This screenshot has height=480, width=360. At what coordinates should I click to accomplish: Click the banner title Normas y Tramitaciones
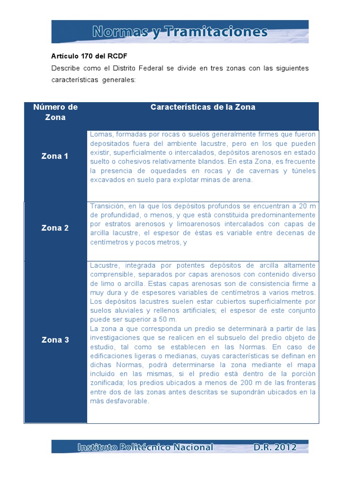pos(180,32)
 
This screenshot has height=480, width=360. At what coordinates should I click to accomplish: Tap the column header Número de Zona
pos(55,112)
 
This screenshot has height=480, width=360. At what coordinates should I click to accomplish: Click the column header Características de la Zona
pos(202,107)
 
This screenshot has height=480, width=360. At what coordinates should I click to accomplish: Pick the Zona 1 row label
pos(55,156)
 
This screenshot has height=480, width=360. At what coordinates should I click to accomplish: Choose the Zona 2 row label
pos(55,228)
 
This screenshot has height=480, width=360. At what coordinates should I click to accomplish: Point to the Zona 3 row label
pos(55,340)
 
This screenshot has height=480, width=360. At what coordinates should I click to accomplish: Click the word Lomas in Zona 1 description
pos(100,135)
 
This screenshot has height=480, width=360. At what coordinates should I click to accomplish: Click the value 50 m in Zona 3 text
pos(167,319)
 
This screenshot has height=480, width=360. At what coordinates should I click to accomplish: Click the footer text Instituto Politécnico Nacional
pos(145,447)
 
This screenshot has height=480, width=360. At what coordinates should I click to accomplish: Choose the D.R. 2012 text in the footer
pos(275,447)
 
